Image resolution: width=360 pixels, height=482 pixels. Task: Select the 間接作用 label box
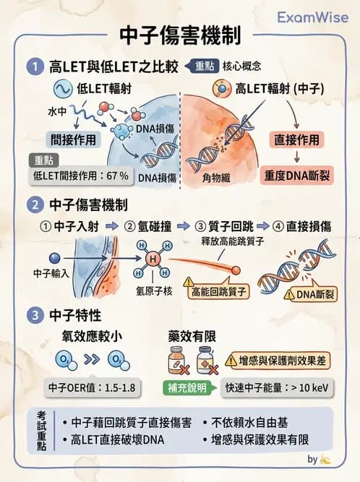coord(73,139)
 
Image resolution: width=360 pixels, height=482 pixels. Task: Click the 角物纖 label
coord(216,175)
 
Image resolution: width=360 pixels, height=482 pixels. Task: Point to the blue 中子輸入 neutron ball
coord(53,257)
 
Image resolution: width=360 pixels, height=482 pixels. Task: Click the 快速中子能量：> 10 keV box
coord(278,387)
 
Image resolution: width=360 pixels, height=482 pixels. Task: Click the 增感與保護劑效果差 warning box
coord(280,359)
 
